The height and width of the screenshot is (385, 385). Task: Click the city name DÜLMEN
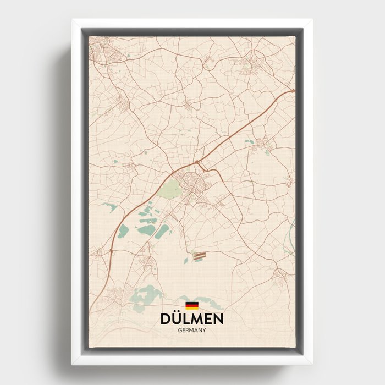pyautogui.click(x=191, y=319)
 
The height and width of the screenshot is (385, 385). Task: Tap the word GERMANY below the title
pyautogui.click(x=191, y=330)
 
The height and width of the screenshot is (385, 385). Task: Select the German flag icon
pyautogui.click(x=191, y=306)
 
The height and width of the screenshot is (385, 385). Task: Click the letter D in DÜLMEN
pyautogui.click(x=165, y=319)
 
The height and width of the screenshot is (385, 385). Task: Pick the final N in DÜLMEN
pyautogui.click(x=218, y=319)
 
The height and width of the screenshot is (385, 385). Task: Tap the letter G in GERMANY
pyautogui.click(x=179, y=330)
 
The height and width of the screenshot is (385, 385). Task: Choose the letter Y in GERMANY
pyautogui.click(x=204, y=330)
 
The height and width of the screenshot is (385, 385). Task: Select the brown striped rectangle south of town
pyautogui.click(x=199, y=255)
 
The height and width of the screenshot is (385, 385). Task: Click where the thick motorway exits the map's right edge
pyautogui.click(x=293, y=91)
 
